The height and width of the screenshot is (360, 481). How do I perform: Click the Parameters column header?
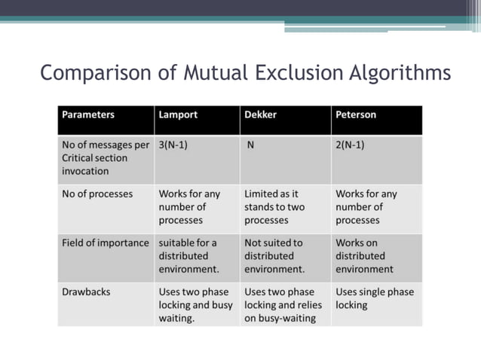pos(88,115)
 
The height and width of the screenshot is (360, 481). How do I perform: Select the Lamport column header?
pos(178,115)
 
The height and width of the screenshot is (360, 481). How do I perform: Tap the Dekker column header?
pos(261,115)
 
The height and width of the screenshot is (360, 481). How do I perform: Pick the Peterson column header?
pos(356,115)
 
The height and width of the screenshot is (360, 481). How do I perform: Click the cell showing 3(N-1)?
pos(173,145)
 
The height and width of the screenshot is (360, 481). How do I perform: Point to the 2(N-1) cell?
pos(350,145)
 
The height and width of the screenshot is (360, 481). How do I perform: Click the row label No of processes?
pos(97,194)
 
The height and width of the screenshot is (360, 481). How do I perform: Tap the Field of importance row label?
pos(106,243)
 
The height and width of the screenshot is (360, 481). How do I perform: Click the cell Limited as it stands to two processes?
pos(274,207)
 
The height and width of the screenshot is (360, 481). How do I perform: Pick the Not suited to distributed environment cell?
pos(274,256)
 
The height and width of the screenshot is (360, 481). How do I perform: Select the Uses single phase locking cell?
pos(375,298)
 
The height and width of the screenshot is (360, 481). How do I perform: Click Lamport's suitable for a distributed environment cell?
pos(188,256)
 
